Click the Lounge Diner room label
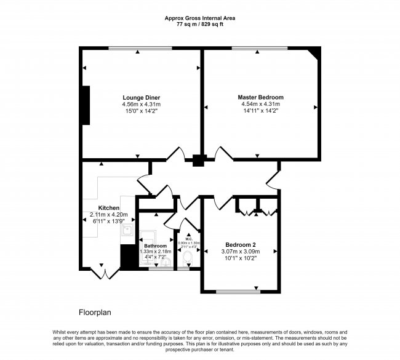click(x=141, y=97)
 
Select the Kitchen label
click(x=108, y=208)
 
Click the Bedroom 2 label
click(x=241, y=244)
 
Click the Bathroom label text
click(x=156, y=246)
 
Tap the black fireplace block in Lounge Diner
click(x=86, y=105)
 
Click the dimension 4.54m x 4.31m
click(x=260, y=105)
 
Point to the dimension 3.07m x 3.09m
click(x=241, y=252)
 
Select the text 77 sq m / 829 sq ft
click(x=199, y=25)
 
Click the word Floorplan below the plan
click(x=95, y=312)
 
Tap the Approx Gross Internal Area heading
click(x=199, y=18)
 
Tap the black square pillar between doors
click(x=198, y=161)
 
